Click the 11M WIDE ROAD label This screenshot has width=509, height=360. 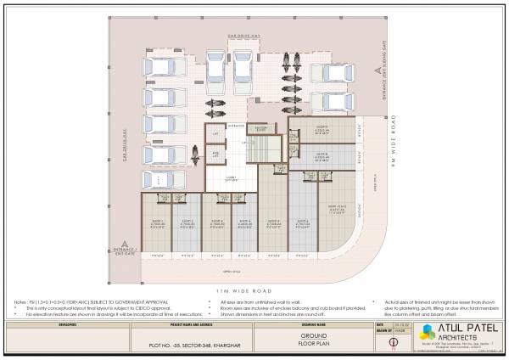coord(255,291)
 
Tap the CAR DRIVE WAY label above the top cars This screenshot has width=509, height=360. coord(243,36)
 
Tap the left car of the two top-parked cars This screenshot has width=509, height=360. coord(212,66)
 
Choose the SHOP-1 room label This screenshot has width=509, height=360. coord(156,222)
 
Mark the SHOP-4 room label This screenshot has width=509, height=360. coord(244,222)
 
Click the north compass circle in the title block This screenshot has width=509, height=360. coord(391,343)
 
